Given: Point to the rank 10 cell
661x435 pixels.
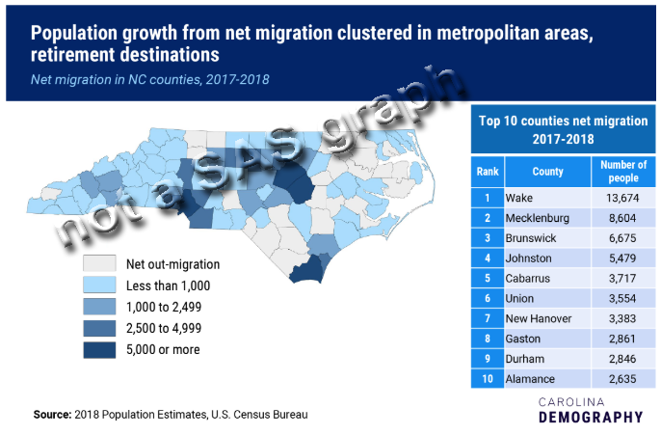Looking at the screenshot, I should coord(486,379).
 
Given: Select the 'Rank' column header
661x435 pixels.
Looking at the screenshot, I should coord(486,171).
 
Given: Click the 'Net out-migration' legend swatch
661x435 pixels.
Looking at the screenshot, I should coord(99,264).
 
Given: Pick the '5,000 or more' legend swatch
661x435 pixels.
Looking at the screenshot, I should coord(99,349).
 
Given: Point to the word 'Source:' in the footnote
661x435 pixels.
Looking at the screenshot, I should coord(52,415).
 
